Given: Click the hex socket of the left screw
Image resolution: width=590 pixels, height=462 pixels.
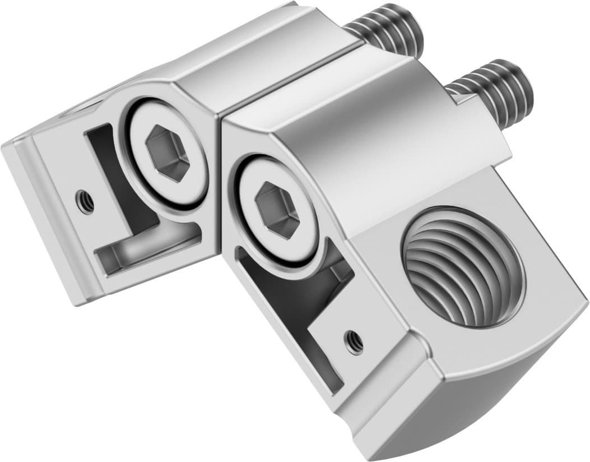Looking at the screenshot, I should [167, 152].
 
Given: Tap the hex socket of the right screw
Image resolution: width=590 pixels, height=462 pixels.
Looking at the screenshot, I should [277, 210].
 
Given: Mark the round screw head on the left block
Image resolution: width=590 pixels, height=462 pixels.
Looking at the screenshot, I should [166, 153].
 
